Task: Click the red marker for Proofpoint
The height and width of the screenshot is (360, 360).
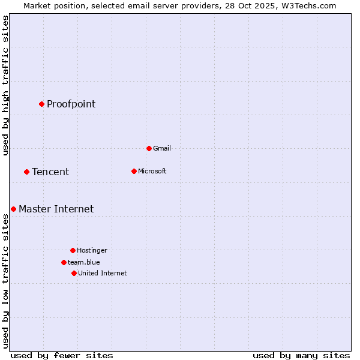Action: pyautogui.click(x=41, y=104)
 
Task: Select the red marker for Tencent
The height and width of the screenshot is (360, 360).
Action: pyautogui.click(x=26, y=172)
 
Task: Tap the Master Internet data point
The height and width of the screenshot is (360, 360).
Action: pyautogui.click(x=13, y=209)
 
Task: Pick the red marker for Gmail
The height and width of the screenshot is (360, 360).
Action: pyautogui.click(x=149, y=148)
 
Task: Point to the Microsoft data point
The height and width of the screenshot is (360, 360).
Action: pyautogui.click(x=134, y=171)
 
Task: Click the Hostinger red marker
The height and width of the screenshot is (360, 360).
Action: pyautogui.click(x=73, y=250)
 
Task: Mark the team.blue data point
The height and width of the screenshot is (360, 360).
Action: pyautogui.click(x=64, y=262)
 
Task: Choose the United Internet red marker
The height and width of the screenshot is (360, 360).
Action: pyautogui.click(x=74, y=273)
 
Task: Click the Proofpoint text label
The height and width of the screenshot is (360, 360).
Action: pyautogui.click(x=71, y=104)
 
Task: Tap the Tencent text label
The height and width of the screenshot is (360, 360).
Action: pyautogui.click(x=50, y=172)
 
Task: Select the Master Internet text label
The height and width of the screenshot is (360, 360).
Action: pyautogui.click(x=56, y=209)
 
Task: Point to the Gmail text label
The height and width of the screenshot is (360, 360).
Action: pyautogui.click(x=162, y=148)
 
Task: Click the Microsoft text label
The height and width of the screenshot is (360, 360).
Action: pyautogui.click(x=152, y=171)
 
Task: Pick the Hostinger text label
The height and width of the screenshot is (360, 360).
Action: pyautogui.click(x=92, y=250)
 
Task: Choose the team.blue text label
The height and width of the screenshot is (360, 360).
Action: pyautogui.click(x=83, y=262)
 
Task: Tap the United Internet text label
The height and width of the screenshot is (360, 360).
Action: pyautogui.click(x=102, y=273)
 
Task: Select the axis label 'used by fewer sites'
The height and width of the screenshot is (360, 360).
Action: pyautogui.click(x=62, y=355)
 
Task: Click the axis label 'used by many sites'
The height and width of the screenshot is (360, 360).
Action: pyautogui.click(x=301, y=355)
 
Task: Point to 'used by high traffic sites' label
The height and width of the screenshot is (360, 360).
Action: pyautogui.click(x=5, y=85)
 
